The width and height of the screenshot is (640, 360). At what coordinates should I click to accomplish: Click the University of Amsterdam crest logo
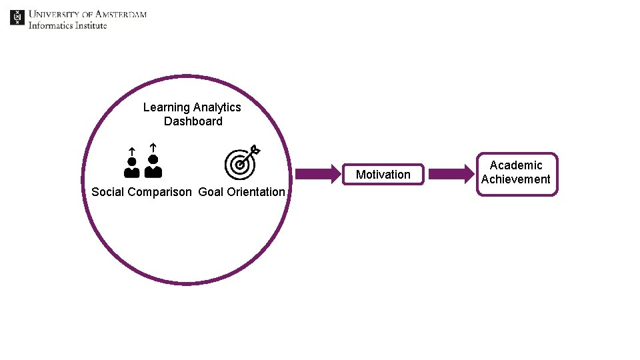click(x=17, y=17)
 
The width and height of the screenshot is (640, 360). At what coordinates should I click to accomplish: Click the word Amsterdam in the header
click(x=121, y=14)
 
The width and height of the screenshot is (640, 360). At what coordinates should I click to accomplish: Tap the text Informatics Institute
click(x=67, y=25)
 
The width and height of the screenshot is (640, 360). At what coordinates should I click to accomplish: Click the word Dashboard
click(x=193, y=121)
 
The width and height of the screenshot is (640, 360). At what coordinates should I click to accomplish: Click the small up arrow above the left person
click(x=132, y=151)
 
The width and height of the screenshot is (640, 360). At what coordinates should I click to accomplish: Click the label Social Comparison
click(x=141, y=192)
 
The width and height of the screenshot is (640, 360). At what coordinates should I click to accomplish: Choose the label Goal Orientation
click(x=241, y=192)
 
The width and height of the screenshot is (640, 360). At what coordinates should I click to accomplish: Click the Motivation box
click(x=383, y=175)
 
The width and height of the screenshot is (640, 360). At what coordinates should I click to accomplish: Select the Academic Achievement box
click(x=516, y=174)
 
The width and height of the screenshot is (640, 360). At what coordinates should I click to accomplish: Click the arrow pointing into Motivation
click(x=318, y=175)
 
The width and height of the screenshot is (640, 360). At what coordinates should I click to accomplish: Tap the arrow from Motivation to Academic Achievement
click(x=450, y=175)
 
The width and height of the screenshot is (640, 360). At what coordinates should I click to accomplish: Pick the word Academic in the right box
click(x=516, y=165)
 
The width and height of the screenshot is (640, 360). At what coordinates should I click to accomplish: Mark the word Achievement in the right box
click(x=516, y=179)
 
